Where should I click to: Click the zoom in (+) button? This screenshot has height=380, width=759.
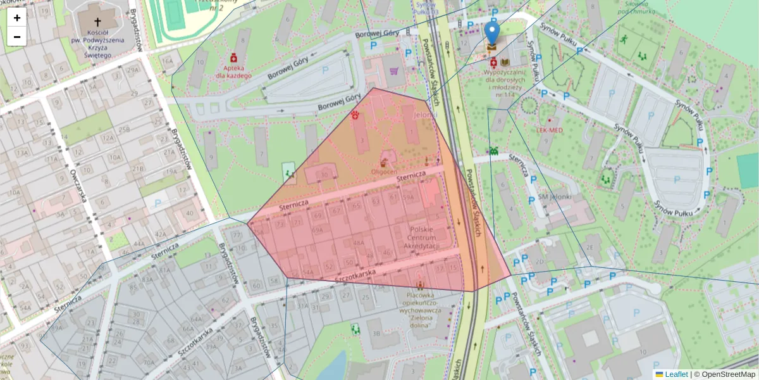[x=17, y=18]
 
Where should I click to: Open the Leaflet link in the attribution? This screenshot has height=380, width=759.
[x=676, y=374]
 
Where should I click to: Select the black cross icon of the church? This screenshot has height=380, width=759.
[x=97, y=21]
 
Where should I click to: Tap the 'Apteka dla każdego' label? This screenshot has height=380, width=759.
[x=233, y=70]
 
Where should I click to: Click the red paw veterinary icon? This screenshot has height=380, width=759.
[x=355, y=115]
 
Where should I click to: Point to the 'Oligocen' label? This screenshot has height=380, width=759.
[x=384, y=172]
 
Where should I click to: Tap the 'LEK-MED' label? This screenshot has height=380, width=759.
[x=550, y=129]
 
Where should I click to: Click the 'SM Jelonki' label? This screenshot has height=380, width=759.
[x=554, y=196]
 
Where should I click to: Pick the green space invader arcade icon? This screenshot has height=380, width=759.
[x=493, y=151]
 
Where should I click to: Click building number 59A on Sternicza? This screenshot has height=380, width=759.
[x=410, y=198]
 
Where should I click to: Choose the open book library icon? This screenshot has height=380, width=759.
[x=505, y=62]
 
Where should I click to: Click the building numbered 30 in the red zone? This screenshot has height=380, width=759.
[x=324, y=175]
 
